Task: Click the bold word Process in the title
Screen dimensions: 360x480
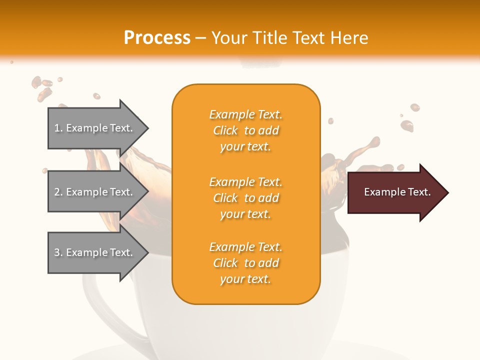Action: click(157, 38)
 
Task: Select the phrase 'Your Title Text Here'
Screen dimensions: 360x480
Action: click(289, 38)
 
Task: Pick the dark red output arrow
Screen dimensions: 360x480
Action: click(395, 192)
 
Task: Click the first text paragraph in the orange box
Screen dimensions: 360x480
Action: click(245, 130)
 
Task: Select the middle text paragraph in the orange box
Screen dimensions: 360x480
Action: click(245, 198)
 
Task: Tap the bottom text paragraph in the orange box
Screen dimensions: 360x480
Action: click(245, 263)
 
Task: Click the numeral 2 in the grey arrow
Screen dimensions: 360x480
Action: click(57, 192)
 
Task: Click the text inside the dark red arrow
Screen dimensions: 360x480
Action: click(397, 192)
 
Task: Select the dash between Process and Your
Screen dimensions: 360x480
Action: click(201, 38)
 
